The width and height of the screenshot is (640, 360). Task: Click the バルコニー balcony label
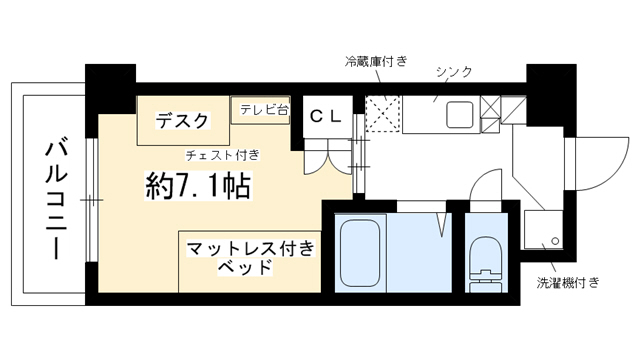click(56, 200)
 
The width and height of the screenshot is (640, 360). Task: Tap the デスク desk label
click(182, 120)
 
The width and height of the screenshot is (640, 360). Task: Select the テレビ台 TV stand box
click(260, 110)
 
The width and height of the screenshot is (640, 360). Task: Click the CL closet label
click(325, 117)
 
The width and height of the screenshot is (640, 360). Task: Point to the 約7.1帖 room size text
click(198, 186)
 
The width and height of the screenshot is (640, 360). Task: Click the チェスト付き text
click(222, 156)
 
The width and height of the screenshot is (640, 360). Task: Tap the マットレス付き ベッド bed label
click(251, 258)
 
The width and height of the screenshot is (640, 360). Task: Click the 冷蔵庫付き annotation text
click(376, 62)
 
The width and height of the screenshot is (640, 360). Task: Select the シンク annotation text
click(454, 71)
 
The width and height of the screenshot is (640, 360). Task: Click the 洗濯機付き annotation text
click(568, 282)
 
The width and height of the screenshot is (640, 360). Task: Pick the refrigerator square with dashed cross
click(382, 113)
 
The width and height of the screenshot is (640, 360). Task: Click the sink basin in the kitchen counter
click(460, 114)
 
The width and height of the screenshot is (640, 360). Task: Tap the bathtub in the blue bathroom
click(360, 253)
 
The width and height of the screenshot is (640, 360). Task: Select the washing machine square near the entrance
click(543, 229)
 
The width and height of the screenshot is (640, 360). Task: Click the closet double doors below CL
click(327, 158)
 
